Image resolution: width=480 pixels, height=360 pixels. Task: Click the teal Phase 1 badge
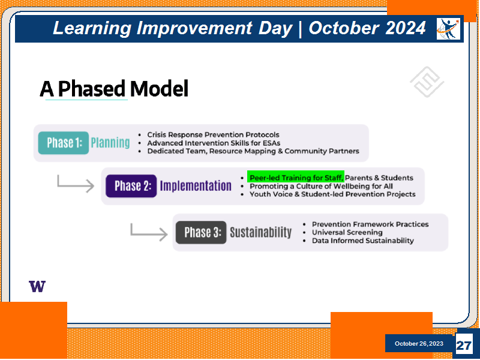click(x=64, y=143)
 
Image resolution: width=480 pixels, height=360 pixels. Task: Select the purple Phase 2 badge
click(x=131, y=186)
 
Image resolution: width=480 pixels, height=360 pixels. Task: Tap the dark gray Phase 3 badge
click(x=201, y=232)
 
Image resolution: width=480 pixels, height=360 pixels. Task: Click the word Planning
click(x=110, y=143)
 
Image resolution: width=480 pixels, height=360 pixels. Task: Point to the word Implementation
click(x=196, y=186)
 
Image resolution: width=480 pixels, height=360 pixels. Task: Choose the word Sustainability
click(x=261, y=232)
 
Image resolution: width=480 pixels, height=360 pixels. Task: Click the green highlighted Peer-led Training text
click(x=296, y=178)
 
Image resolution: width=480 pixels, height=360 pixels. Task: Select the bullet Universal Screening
click(x=347, y=232)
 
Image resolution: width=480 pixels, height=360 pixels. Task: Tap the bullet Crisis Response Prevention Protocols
click(x=213, y=134)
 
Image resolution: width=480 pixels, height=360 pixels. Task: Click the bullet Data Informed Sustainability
click(x=363, y=241)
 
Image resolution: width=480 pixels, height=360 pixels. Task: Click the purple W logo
click(x=37, y=286)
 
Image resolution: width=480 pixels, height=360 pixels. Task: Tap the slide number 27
click(x=463, y=346)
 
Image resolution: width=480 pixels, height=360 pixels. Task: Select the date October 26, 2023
click(x=419, y=343)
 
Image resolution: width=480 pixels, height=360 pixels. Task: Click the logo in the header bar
click(x=448, y=29)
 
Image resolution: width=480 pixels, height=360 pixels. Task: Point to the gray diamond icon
click(x=427, y=82)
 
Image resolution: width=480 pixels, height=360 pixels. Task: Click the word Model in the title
click(x=159, y=89)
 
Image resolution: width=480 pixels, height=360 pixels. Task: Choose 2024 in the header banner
click(x=406, y=28)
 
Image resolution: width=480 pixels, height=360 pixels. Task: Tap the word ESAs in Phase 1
click(x=272, y=143)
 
